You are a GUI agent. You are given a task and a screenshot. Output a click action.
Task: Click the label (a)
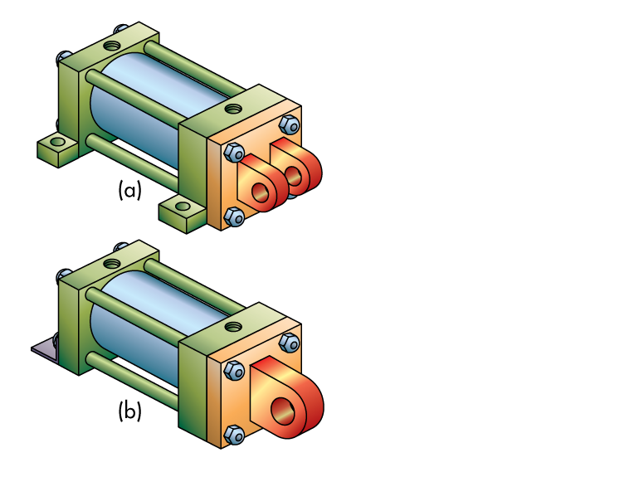(129, 190)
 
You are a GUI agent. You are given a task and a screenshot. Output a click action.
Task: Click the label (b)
(129, 410)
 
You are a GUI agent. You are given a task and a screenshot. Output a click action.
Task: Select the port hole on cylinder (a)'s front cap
(235, 108)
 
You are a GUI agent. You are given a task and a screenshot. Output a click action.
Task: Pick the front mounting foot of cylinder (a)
(182, 211)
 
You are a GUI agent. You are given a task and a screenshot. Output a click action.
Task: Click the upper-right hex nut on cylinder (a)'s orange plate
(289, 125)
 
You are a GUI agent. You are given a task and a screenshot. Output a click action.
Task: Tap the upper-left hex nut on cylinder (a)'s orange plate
(233, 153)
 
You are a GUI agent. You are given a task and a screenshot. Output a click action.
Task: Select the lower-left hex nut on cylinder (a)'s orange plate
(235, 217)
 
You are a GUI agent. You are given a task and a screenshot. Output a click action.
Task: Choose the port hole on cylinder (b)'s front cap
(235, 327)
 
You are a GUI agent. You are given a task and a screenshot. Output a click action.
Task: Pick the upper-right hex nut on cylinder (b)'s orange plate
(289, 343)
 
